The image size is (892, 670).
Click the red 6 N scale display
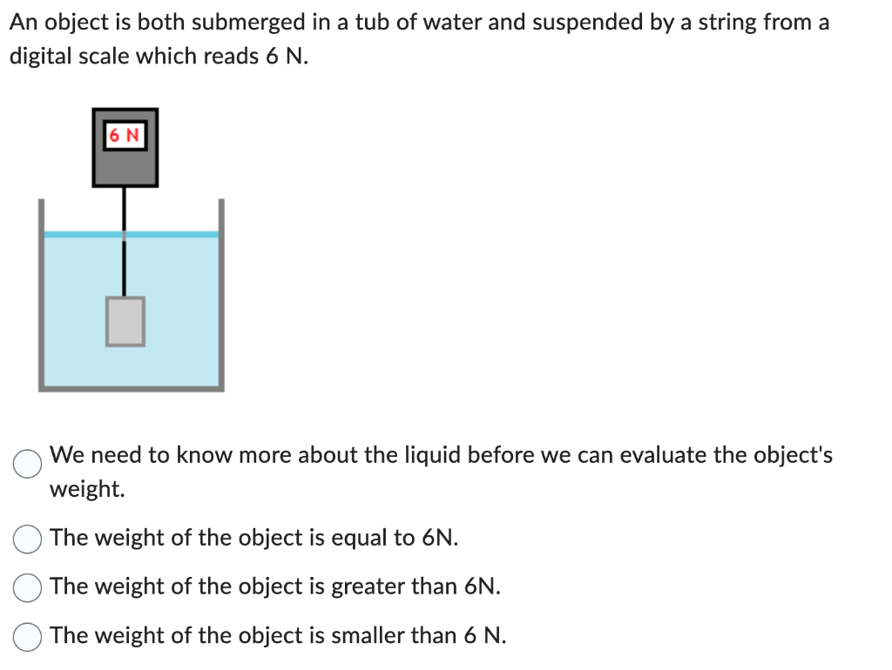tap(125, 136)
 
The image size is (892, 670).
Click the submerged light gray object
tap(125, 321)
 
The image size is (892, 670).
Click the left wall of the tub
tap(41, 296)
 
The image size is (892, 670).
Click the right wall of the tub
tap(221, 296)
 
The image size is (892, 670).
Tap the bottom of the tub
tap(131, 388)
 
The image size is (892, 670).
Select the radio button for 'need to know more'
tap(27, 464)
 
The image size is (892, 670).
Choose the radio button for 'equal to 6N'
tap(27, 539)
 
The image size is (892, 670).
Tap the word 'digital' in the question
tap(41, 57)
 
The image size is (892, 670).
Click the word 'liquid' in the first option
tap(407, 455)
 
